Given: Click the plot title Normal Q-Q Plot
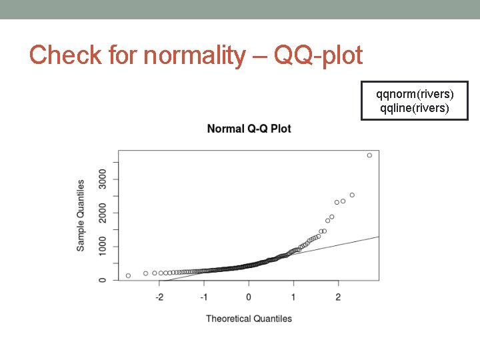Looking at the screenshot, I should (249, 129).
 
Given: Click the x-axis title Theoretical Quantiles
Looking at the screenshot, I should (249, 319).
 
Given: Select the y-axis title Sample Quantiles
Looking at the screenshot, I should (81, 215).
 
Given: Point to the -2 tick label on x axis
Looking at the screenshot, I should (159, 296).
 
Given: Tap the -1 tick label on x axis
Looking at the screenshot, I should (203, 296).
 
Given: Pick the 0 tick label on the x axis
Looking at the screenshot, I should (249, 296).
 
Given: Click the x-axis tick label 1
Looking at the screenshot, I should (293, 296).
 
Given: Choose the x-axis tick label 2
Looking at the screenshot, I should (338, 296).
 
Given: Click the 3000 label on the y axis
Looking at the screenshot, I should (102, 179).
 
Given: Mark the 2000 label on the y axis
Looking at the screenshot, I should (102, 213).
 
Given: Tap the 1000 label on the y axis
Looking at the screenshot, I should (102, 247).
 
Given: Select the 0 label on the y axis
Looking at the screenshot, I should (102, 280).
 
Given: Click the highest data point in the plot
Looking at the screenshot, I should (369, 155).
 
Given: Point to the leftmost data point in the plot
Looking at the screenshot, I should (128, 275).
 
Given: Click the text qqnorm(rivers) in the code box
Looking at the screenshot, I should (415, 95).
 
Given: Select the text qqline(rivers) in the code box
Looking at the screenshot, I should (415, 108).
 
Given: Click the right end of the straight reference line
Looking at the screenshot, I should (378, 237).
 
